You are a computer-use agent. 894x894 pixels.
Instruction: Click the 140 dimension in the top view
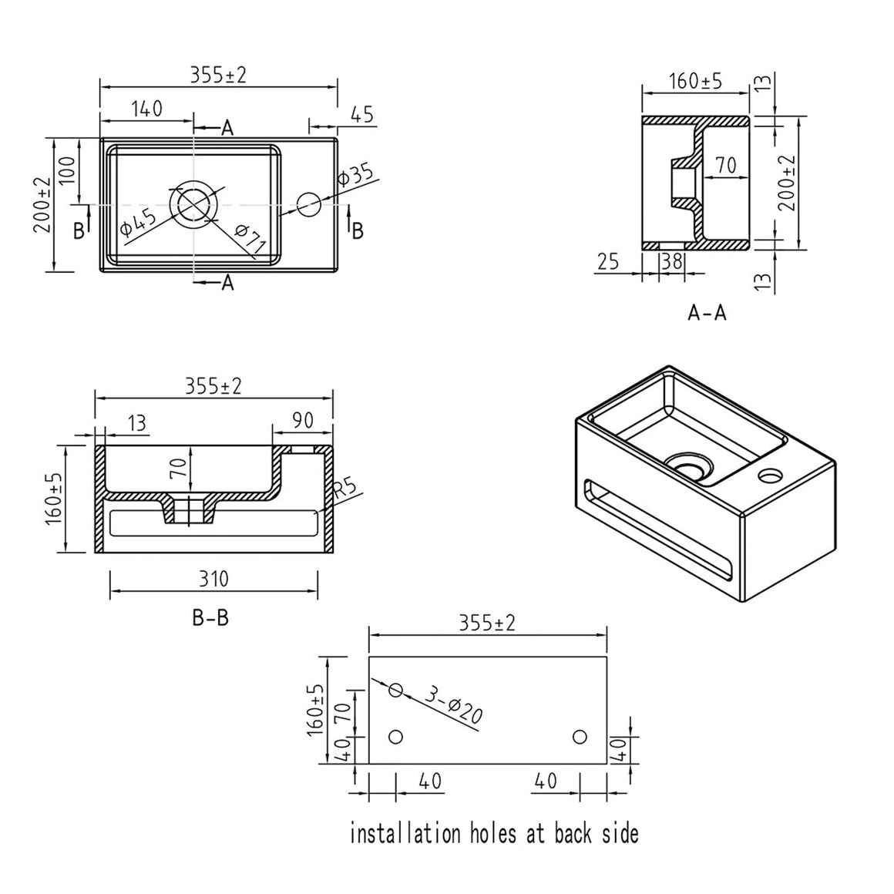pos(147,109)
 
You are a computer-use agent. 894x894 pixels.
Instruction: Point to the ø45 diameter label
pos(138,223)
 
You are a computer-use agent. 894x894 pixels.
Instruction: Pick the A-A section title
pos(707,312)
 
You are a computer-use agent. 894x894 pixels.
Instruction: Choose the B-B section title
pos(210,617)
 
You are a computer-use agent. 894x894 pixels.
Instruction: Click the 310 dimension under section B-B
pos(213,579)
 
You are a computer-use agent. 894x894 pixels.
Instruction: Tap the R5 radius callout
pos(344,491)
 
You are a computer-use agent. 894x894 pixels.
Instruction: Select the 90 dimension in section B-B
pos(303,420)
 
